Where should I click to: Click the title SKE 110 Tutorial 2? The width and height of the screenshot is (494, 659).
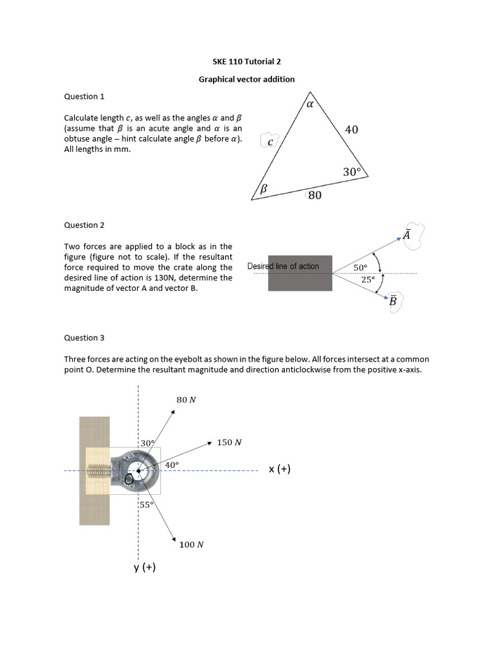coord(246,62)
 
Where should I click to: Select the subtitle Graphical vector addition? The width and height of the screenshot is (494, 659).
coord(246,79)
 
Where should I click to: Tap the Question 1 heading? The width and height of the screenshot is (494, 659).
coord(84,97)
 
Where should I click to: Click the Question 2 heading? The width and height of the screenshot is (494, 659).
coord(84,225)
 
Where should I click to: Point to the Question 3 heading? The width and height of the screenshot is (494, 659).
coord(84,338)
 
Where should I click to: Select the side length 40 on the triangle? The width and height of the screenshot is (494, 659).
coord(351,129)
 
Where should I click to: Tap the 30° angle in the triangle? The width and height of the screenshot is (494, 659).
coord(352,172)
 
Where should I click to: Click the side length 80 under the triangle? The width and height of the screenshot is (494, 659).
coord(315,195)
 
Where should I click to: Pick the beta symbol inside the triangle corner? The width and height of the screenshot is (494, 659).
coord(263,189)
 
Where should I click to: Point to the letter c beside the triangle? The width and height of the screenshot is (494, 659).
coord(270,142)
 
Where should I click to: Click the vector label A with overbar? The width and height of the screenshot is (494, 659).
coord(407,235)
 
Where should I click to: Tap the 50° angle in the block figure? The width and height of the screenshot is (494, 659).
coord(360,268)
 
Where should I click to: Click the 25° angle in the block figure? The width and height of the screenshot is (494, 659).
coord(367,279)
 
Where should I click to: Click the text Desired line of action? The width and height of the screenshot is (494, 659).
coord(283,266)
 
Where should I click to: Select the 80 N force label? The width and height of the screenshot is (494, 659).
coord(186,400)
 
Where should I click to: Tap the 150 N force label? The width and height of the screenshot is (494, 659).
coord(229,442)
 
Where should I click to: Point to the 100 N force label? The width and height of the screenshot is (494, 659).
coord(192,544)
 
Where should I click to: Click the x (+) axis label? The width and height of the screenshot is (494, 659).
coord(280,469)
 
